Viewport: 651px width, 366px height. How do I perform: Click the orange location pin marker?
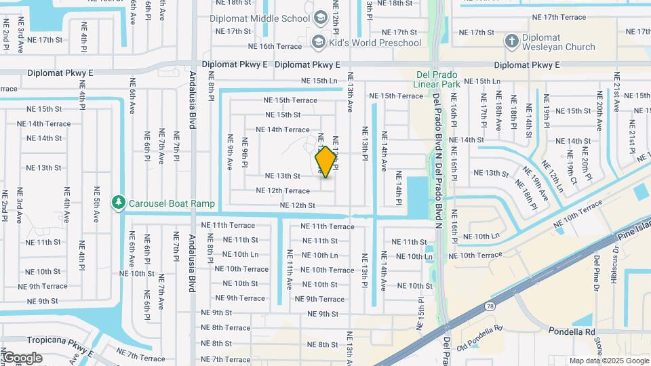click(x=326, y=162)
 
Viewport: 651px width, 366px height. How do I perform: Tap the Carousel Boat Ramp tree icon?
click(x=119, y=203)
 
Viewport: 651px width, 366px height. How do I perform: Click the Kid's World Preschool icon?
click(x=317, y=43)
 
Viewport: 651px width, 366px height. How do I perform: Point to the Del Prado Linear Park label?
click(x=437, y=79)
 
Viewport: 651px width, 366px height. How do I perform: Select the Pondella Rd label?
click(x=571, y=332)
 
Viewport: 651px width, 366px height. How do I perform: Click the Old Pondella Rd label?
click(x=479, y=330)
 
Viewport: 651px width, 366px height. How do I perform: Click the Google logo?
click(x=22, y=358)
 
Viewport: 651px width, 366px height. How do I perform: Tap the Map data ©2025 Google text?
click(x=608, y=361)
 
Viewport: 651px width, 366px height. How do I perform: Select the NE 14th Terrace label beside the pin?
click(x=283, y=129)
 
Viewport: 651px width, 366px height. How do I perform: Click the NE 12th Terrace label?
click(x=283, y=191)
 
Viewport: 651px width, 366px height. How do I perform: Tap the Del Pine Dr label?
click(x=597, y=268)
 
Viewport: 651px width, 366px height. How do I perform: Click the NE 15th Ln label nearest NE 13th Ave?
click(x=319, y=81)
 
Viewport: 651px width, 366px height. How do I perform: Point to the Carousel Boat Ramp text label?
click(x=172, y=203)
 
